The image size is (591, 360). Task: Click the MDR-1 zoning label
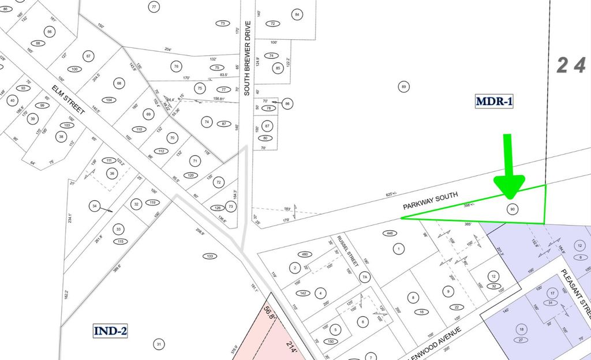pos(494,102)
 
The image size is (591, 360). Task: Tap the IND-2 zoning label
pos(110,331)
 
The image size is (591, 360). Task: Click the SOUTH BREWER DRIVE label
pos(248,58)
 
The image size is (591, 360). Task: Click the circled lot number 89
pos(404,87)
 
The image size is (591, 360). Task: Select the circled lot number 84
pos(297,14)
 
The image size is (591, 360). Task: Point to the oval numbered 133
pos(210,256)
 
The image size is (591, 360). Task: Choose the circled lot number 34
pos(94,205)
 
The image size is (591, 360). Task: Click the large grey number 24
pos(571,66)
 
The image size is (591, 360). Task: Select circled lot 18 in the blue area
pos(522,329)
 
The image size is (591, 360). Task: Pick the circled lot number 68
pos(119,83)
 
